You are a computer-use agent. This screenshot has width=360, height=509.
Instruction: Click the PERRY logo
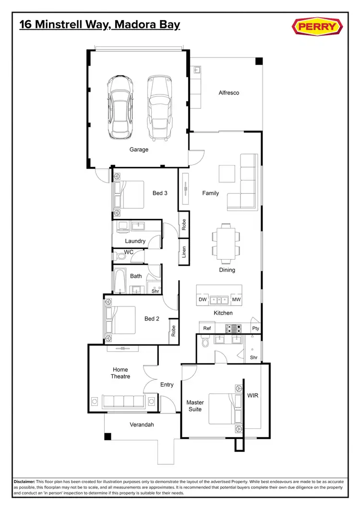click(x=317, y=27)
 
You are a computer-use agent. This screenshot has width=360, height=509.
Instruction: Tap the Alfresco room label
click(x=228, y=93)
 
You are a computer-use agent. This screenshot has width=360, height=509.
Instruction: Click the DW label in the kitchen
click(x=203, y=300)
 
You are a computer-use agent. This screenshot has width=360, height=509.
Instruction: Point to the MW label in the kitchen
click(x=236, y=300)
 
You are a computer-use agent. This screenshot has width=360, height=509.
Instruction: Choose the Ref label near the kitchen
click(x=207, y=328)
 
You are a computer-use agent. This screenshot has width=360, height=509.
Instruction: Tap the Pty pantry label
click(x=255, y=329)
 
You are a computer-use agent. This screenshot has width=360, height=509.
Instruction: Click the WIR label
click(x=253, y=396)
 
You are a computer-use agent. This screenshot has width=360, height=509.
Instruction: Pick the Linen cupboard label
click(x=184, y=252)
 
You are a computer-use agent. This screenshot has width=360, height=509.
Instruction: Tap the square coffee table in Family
click(x=227, y=173)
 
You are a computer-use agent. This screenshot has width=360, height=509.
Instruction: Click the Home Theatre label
click(x=120, y=373)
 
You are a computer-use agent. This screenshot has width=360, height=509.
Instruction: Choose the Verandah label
click(x=142, y=425)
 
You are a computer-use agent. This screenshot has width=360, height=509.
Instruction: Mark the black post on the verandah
click(x=108, y=437)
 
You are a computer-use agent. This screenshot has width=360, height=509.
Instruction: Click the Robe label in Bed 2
click(x=173, y=331)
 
